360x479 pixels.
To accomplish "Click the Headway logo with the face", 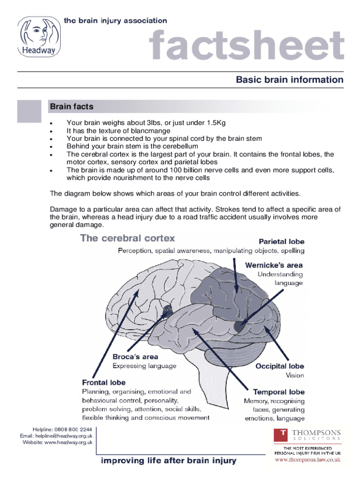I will (x=36, y=36).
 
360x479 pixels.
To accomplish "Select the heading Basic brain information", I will (x=289, y=80).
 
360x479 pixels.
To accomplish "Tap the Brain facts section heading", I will (x=72, y=107).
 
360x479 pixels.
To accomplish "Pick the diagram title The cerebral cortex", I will (x=128, y=238).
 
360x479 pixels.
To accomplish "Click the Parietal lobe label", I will (x=281, y=242).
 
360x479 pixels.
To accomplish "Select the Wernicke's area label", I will (x=274, y=265).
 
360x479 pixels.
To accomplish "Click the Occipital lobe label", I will (x=280, y=366).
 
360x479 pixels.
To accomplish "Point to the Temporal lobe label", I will (x=279, y=392).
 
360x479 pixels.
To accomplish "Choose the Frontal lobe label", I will (x=104, y=382).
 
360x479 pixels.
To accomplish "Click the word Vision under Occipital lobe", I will (x=295, y=376).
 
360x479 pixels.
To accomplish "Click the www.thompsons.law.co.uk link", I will (x=308, y=460).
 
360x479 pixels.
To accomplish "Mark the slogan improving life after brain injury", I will (x=169, y=461).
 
